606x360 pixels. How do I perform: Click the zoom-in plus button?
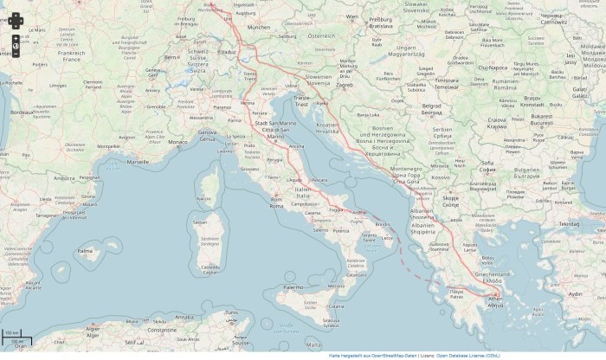(16, 39)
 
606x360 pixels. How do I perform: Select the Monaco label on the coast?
(177, 141)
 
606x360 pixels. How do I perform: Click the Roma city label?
(277, 204)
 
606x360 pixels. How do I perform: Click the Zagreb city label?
(345, 86)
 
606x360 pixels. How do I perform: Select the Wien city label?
(351, 16)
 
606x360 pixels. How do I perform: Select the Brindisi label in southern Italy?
(384, 224)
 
